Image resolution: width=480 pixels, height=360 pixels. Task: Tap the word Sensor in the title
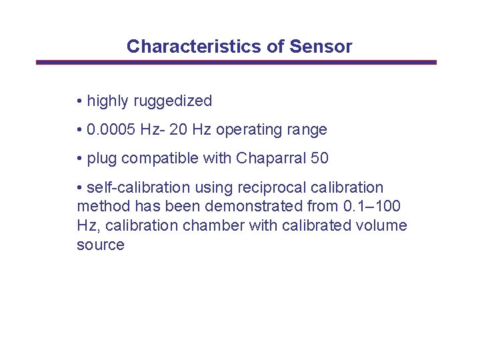coord(321,47)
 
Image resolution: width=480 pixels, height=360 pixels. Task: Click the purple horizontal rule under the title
coord(236,62)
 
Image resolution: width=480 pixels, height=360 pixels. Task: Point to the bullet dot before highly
coord(79,101)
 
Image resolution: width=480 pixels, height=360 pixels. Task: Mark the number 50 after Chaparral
coord(319,159)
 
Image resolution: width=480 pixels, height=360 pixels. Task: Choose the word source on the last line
coord(101,245)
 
